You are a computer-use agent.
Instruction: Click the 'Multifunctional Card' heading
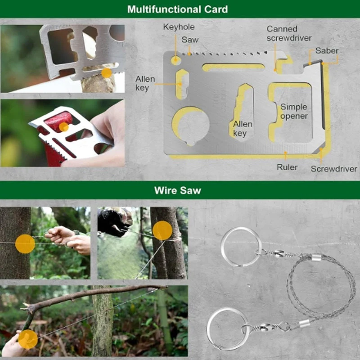(177, 9)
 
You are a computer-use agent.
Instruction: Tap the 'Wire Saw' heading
(177, 190)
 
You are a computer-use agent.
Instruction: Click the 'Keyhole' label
(179, 27)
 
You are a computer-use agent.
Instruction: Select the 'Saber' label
(327, 50)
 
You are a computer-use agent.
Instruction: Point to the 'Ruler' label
(287, 167)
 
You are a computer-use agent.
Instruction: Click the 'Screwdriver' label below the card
(334, 169)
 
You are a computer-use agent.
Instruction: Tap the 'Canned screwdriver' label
(289, 33)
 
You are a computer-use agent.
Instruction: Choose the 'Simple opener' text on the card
(294, 111)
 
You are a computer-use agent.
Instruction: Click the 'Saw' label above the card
(190, 40)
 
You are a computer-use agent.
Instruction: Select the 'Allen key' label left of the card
(145, 83)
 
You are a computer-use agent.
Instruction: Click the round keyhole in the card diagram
(176, 60)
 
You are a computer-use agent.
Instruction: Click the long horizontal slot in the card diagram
(233, 67)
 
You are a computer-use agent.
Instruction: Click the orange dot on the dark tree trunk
(25, 244)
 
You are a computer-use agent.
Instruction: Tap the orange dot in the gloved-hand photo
(162, 230)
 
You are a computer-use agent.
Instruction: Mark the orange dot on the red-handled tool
(64, 127)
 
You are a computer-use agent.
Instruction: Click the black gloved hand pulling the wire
(115, 221)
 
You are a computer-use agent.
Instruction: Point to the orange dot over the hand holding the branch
(28, 339)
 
